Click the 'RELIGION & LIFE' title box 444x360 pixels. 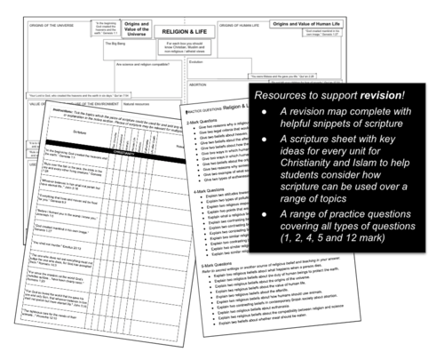pyautogui.click(x=184, y=31)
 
